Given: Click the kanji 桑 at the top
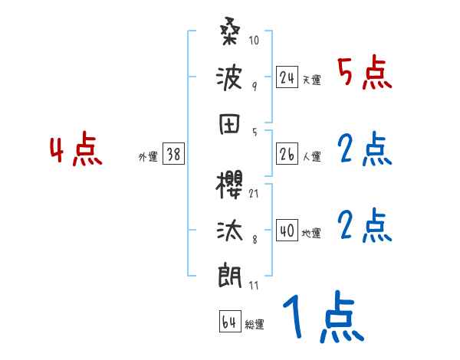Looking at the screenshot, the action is (229, 34).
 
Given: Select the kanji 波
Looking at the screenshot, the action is (229, 77).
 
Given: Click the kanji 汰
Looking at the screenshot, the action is (229, 231).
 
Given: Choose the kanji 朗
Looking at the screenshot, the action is (229, 274).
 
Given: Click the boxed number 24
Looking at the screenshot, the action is (287, 77).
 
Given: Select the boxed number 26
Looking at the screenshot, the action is (287, 154).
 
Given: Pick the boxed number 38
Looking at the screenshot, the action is (173, 155).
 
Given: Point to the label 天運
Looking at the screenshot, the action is (311, 80).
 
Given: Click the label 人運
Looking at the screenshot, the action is (311, 156).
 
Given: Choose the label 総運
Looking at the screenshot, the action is (255, 324).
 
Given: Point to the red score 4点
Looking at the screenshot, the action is (76, 151).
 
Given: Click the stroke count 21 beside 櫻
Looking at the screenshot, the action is (254, 192).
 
